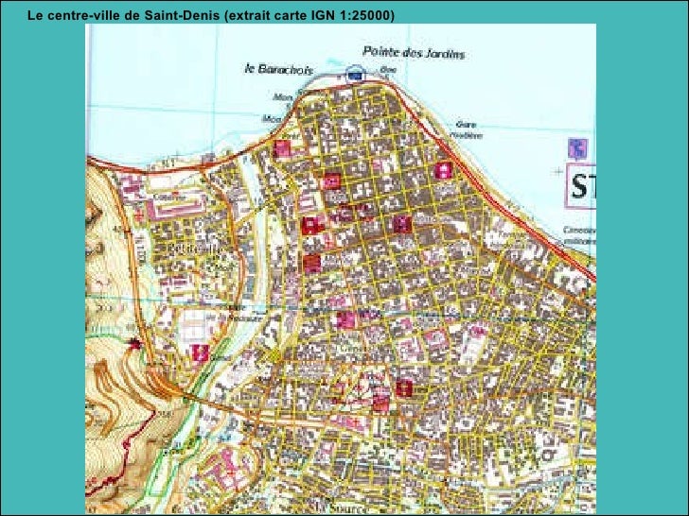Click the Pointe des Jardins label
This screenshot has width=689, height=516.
click(415, 54)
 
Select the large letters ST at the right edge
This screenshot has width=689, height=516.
click(580, 187)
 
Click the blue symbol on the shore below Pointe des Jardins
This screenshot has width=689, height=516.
click(354, 72)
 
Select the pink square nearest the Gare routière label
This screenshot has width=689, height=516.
click(443, 170)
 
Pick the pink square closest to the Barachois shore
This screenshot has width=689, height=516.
click(281, 148)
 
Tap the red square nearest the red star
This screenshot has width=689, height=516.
click(200, 353)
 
